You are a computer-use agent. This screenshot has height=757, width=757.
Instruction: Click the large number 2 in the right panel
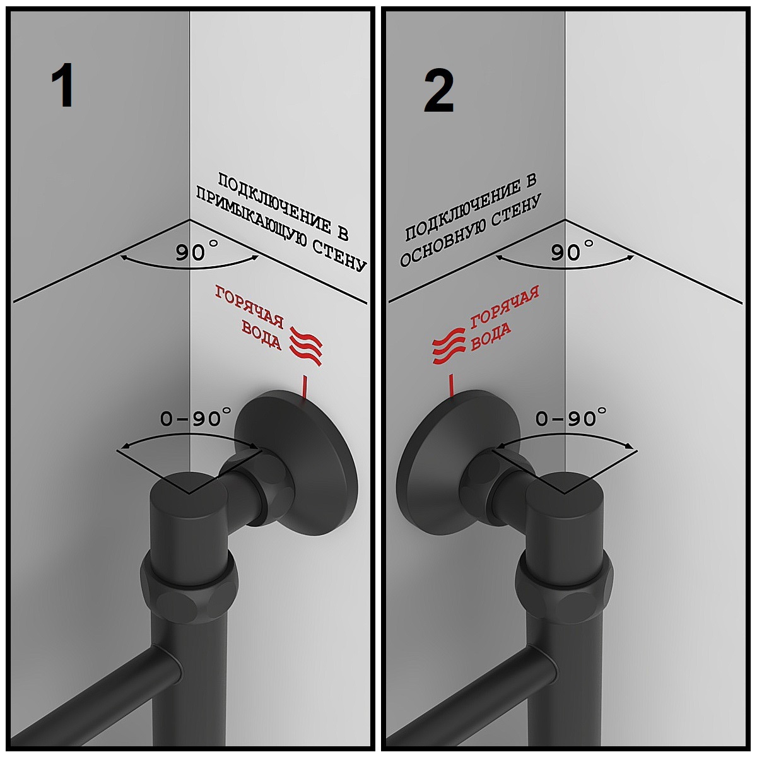pyautogui.click(x=439, y=90)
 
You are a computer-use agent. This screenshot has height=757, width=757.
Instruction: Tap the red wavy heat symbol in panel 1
pyautogui.click(x=306, y=346)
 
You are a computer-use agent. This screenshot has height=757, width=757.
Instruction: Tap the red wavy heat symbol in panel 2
pyautogui.click(x=449, y=346)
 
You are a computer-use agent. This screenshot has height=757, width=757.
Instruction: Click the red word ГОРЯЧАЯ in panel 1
pyautogui.click(x=249, y=307)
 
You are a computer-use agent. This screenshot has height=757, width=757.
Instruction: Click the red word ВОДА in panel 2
pyautogui.click(x=491, y=336)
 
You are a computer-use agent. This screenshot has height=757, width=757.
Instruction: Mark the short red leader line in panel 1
pyautogui.click(x=303, y=387)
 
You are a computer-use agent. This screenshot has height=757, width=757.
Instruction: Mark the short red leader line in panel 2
pyautogui.click(x=452, y=386)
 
